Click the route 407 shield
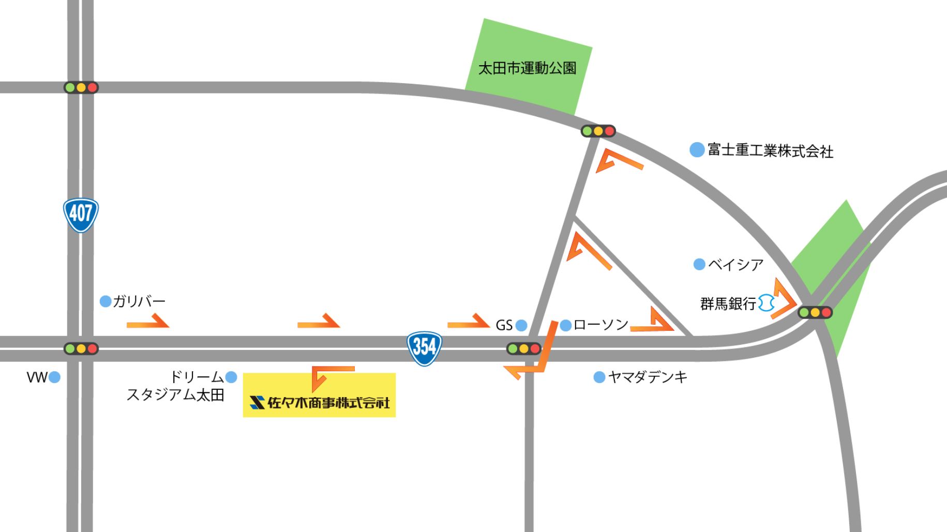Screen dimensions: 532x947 pyautogui.click(x=81, y=215)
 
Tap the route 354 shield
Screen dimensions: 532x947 pyautogui.click(x=424, y=348)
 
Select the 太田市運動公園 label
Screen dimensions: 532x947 pyautogui.click(x=527, y=68)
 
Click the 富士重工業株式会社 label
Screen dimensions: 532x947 pyautogui.click(x=770, y=150)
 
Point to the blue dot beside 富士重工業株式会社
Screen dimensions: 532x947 pyautogui.click(x=697, y=150)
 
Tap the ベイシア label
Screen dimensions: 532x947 pyautogui.click(x=735, y=265)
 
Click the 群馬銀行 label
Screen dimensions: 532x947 pyautogui.click(x=728, y=303)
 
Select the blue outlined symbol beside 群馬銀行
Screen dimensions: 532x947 pyautogui.click(x=766, y=303)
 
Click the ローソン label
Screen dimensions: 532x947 pyautogui.click(x=600, y=325)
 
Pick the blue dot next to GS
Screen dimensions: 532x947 pyautogui.click(x=521, y=325)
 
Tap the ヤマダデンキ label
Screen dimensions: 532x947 pyautogui.click(x=648, y=377)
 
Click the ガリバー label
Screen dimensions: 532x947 pyautogui.click(x=139, y=301)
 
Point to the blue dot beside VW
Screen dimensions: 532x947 pyautogui.click(x=54, y=377)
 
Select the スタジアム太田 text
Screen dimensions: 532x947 pyautogui.click(x=175, y=395)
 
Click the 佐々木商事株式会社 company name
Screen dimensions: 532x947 pyautogui.click(x=328, y=402)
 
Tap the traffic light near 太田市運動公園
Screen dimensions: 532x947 pyautogui.click(x=598, y=131)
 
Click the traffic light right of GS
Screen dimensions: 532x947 pyautogui.click(x=523, y=348)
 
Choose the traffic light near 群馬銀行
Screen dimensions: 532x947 pyautogui.click(x=815, y=312)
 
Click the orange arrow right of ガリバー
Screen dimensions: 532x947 pyautogui.click(x=148, y=322)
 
